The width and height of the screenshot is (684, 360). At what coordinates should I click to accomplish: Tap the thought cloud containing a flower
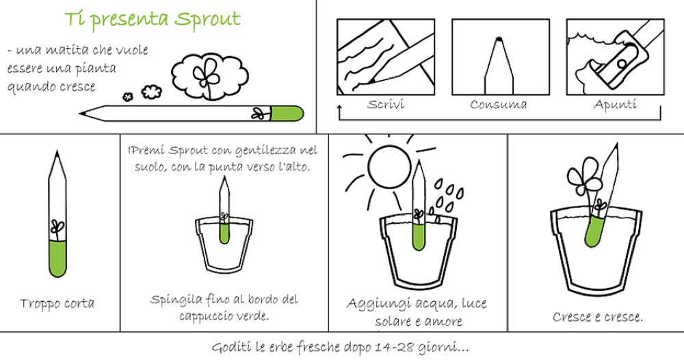(209, 75)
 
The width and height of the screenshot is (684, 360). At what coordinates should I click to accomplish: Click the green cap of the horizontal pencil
(287, 114)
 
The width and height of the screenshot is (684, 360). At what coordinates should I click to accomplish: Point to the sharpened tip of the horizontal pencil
(81, 114)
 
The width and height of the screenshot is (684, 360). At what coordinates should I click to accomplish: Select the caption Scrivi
(386, 104)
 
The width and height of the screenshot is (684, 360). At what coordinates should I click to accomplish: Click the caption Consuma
(498, 104)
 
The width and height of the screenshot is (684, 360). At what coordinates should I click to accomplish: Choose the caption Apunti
(615, 105)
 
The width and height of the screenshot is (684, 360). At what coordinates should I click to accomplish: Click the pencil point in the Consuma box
(499, 39)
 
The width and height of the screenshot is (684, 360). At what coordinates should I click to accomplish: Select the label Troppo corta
(57, 303)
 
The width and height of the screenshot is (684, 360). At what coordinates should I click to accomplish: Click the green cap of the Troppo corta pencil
(57, 258)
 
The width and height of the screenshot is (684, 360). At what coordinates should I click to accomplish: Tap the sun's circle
(389, 166)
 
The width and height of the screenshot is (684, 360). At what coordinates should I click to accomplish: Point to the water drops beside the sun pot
(445, 196)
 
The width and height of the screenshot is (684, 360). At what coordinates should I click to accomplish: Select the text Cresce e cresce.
(598, 317)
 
